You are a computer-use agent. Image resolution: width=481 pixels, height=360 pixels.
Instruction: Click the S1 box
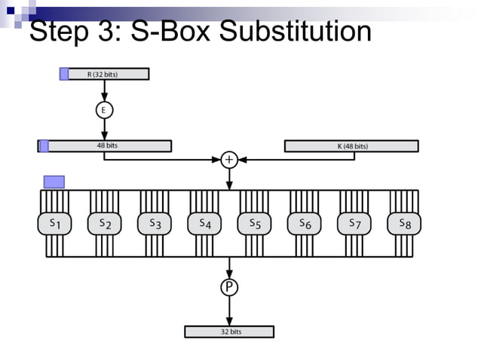55,223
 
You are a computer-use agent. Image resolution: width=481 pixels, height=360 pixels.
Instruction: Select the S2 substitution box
105,223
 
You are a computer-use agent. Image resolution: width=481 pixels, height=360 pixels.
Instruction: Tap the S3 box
155,223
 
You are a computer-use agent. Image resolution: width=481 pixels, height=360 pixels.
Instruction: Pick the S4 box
204,223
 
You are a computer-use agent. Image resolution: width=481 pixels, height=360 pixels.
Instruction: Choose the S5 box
254,223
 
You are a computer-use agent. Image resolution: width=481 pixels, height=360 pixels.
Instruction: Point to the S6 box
304,223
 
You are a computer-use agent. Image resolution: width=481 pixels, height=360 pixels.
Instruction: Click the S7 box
354,223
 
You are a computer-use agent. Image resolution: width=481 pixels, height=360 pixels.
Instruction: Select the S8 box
404,223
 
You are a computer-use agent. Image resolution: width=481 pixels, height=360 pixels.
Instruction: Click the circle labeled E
104,110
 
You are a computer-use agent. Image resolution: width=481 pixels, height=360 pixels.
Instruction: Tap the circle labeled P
228,287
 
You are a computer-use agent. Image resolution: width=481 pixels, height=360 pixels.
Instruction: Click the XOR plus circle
228,159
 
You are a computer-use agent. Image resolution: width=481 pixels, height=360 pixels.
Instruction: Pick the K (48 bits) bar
351,146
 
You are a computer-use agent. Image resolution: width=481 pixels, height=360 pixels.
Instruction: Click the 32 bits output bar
229,331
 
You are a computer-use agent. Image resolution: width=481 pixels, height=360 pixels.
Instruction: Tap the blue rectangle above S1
54,182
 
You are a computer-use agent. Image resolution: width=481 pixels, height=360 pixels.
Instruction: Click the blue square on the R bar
64,74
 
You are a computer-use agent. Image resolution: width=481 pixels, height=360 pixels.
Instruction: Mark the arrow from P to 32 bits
228,310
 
